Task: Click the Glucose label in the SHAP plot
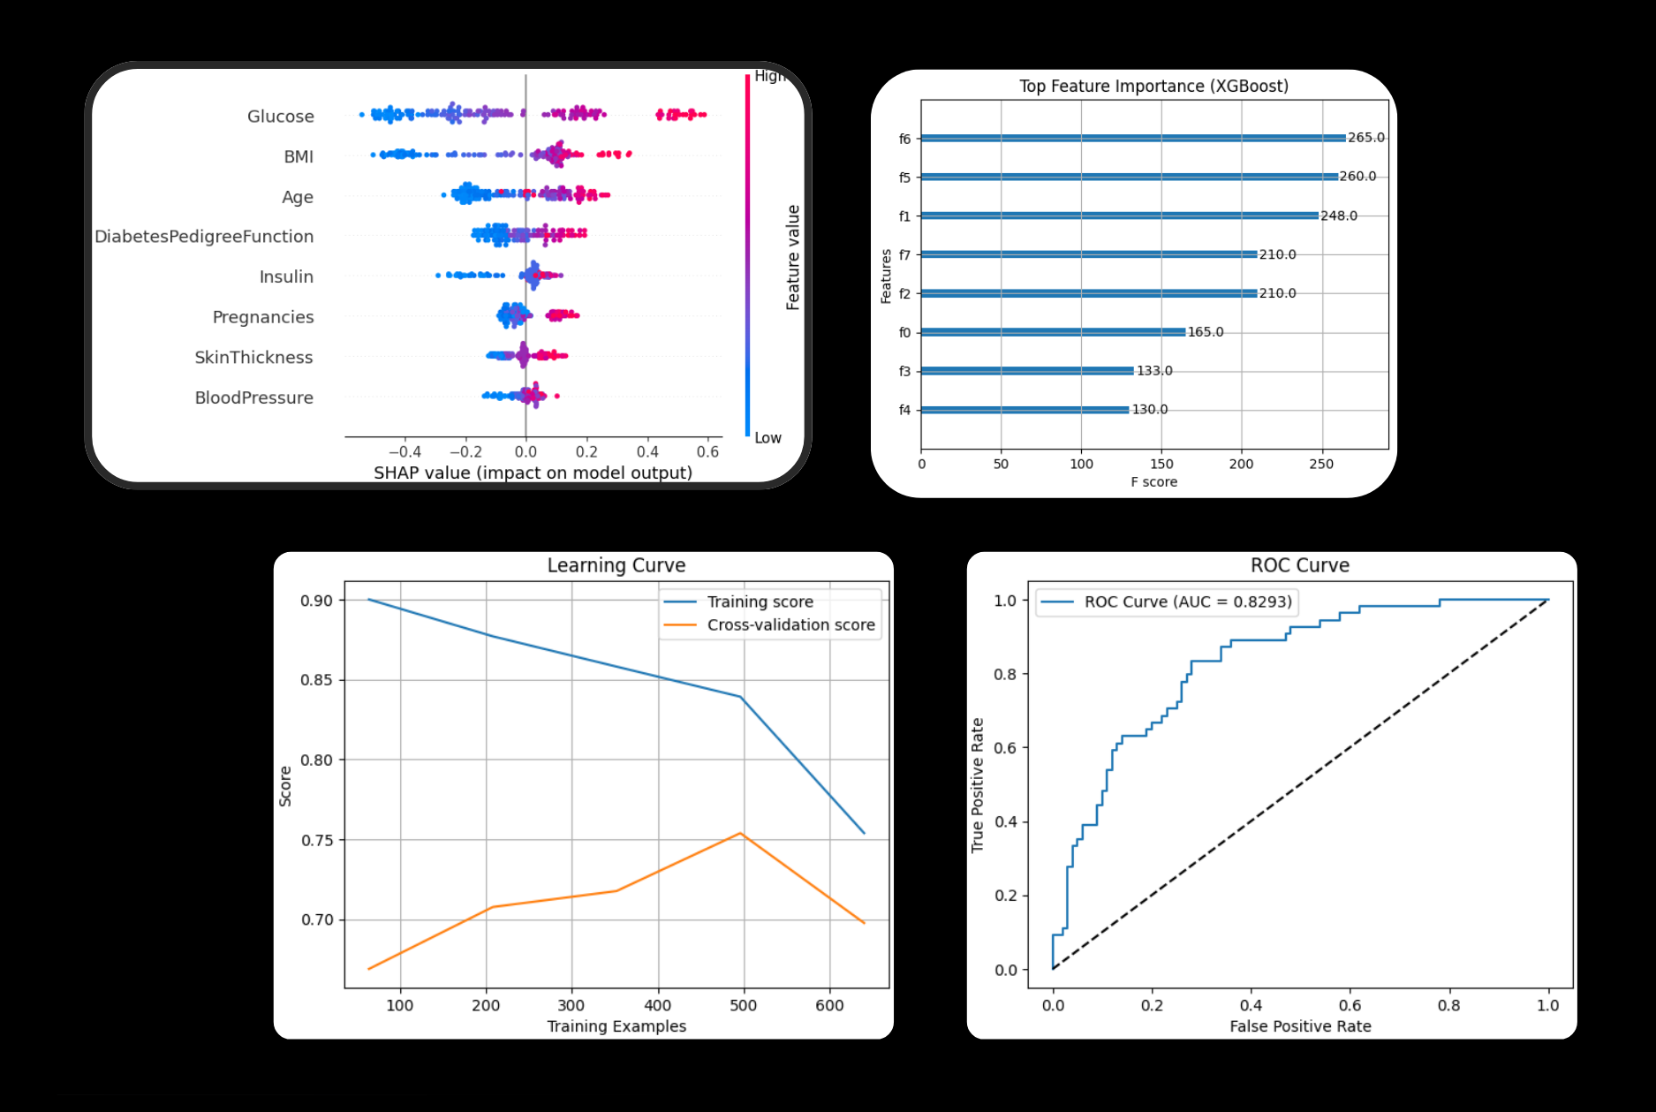point(280,117)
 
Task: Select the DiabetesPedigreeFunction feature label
point(204,237)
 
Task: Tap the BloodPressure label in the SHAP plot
point(253,398)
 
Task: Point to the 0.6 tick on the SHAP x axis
point(707,451)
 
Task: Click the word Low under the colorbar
point(768,438)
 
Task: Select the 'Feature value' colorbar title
point(793,257)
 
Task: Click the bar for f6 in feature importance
point(1133,139)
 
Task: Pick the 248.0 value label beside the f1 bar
point(1338,216)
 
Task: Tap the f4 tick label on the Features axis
point(904,410)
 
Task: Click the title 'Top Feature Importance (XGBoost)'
point(1153,87)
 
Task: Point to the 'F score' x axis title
point(1153,482)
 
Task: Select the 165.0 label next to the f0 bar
point(1205,333)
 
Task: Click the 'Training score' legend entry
point(760,602)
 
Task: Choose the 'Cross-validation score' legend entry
point(790,625)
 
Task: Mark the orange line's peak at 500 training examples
point(740,834)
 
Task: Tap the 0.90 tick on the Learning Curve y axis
point(317,601)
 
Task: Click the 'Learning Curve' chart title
point(616,565)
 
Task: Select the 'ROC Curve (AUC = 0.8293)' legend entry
point(1187,602)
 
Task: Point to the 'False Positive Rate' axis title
point(1300,1026)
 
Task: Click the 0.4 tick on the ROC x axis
point(1251,1005)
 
